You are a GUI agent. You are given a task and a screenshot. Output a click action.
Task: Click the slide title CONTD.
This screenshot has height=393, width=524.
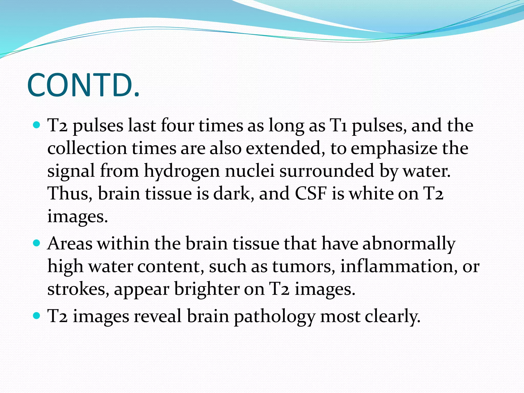pyautogui.click(x=83, y=85)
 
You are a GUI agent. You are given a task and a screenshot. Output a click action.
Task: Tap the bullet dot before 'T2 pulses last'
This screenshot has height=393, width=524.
pyautogui.click(x=37, y=125)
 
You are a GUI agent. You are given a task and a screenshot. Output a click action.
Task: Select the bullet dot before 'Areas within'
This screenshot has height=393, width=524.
pyautogui.click(x=37, y=243)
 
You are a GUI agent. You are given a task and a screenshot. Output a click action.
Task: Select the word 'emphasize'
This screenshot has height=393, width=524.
pyautogui.click(x=394, y=148)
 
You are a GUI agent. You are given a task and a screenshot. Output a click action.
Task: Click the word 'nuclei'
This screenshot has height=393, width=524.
pyautogui.click(x=250, y=171)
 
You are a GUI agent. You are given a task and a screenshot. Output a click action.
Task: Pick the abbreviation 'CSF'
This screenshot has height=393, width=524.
pyautogui.click(x=311, y=193)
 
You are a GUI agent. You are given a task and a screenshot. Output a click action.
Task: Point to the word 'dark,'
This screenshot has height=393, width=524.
pyautogui.click(x=234, y=193)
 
